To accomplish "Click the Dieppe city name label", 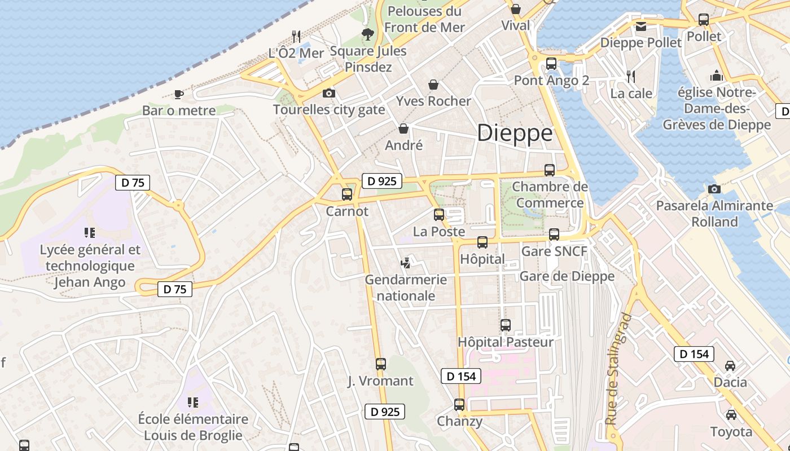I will click(x=515, y=133).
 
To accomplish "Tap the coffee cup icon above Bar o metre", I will click(x=179, y=94).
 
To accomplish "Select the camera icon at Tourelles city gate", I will click(x=328, y=93).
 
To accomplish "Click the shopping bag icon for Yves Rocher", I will click(x=433, y=85).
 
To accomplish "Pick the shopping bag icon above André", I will click(x=403, y=129).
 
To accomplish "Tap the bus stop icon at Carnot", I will click(x=347, y=194).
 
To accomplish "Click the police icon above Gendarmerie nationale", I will click(x=405, y=263).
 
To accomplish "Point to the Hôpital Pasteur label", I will click(x=506, y=342).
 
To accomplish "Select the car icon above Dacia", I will click(x=730, y=365).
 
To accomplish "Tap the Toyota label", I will click(x=731, y=432).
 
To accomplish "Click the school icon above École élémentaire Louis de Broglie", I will click(x=193, y=403).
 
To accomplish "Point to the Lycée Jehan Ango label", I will click(x=90, y=266).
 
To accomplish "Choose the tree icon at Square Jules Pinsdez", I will click(x=368, y=34).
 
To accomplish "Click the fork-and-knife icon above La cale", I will click(x=631, y=76).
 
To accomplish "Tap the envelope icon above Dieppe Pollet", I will click(x=641, y=26).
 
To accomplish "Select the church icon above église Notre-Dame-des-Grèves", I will click(x=717, y=76).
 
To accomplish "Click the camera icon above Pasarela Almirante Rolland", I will click(x=714, y=189).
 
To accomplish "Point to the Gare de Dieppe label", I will click(x=567, y=276).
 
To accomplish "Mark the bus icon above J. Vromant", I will click(x=381, y=364).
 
